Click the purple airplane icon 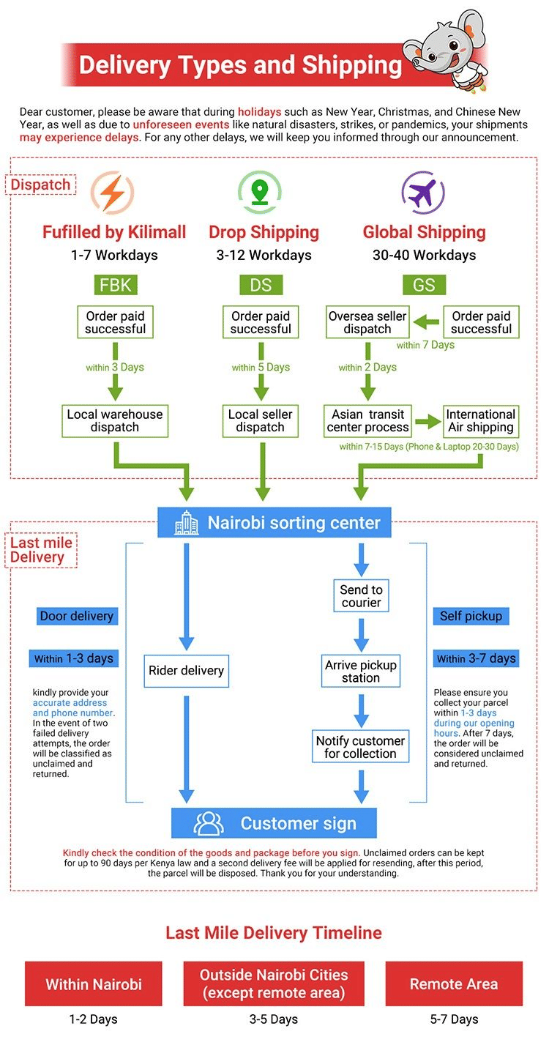[x=423, y=193]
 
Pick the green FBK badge [x=115, y=285]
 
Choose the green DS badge [x=261, y=285]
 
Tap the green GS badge [x=424, y=285]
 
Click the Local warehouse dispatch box [x=115, y=420]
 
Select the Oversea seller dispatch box [x=367, y=322]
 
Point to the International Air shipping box [x=481, y=420]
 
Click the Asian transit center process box [x=367, y=420]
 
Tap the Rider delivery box [x=186, y=671]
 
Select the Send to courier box [x=361, y=596]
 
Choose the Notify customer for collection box [x=360, y=747]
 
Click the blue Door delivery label [x=77, y=616]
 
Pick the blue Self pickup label [x=471, y=616]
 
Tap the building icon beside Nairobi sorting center [x=186, y=523]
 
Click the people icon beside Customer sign [x=209, y=823]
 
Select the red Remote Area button [x=454, y=984]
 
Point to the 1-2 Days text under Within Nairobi [x=93, y=1019]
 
